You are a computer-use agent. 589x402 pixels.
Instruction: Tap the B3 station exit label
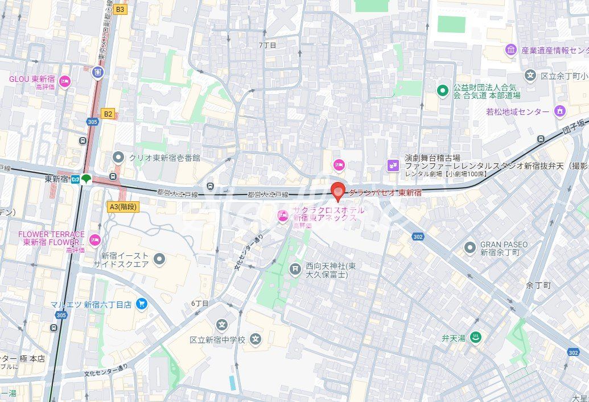coord(120,9)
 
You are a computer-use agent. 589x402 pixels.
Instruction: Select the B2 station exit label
coord(108,114)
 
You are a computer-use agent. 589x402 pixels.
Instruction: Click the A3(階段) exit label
coord(122,207)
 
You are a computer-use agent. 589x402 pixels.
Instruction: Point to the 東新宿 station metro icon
coord(75,179)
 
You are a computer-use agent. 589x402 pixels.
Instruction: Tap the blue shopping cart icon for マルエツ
coord(142,304)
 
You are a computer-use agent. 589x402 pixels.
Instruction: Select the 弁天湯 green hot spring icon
coord(476,338)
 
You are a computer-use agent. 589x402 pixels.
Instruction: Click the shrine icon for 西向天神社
coord(295,269)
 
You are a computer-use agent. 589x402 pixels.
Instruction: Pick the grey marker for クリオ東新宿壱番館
coord(118,156)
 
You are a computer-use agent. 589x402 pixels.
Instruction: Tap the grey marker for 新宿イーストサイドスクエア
coord(159,260)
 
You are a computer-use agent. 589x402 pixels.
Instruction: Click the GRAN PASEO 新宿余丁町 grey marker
coord(469,247)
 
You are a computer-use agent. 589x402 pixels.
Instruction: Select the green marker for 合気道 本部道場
coord(443,90)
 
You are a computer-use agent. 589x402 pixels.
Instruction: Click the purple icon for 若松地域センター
coord(560,111)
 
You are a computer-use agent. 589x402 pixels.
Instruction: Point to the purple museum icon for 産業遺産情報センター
coord(510,51)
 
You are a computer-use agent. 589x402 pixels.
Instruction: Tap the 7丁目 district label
coord(267,45)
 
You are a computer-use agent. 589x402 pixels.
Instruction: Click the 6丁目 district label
coord(200,303)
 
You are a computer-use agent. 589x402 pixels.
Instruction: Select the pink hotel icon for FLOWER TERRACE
coord(94,238)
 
